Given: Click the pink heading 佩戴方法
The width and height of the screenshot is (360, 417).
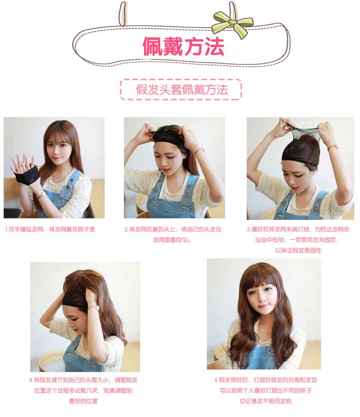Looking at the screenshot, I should tap(183, 46).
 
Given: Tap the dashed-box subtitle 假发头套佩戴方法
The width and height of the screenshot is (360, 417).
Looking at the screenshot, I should tap(181, 89).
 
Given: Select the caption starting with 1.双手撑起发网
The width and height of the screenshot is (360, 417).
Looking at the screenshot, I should tap(50, 229).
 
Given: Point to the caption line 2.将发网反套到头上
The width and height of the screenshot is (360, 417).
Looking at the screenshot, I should tap(173, 229).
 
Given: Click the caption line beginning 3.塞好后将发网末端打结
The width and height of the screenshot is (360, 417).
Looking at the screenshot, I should tap(298, 229).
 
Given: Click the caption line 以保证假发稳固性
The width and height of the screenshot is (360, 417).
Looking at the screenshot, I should tap(298, 250).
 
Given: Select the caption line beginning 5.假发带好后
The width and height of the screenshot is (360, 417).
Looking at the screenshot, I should tap(265, 380).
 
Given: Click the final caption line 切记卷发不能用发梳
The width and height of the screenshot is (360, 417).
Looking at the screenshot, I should tap(265, 401).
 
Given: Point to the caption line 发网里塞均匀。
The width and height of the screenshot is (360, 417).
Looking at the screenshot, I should tap(172, 240).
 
